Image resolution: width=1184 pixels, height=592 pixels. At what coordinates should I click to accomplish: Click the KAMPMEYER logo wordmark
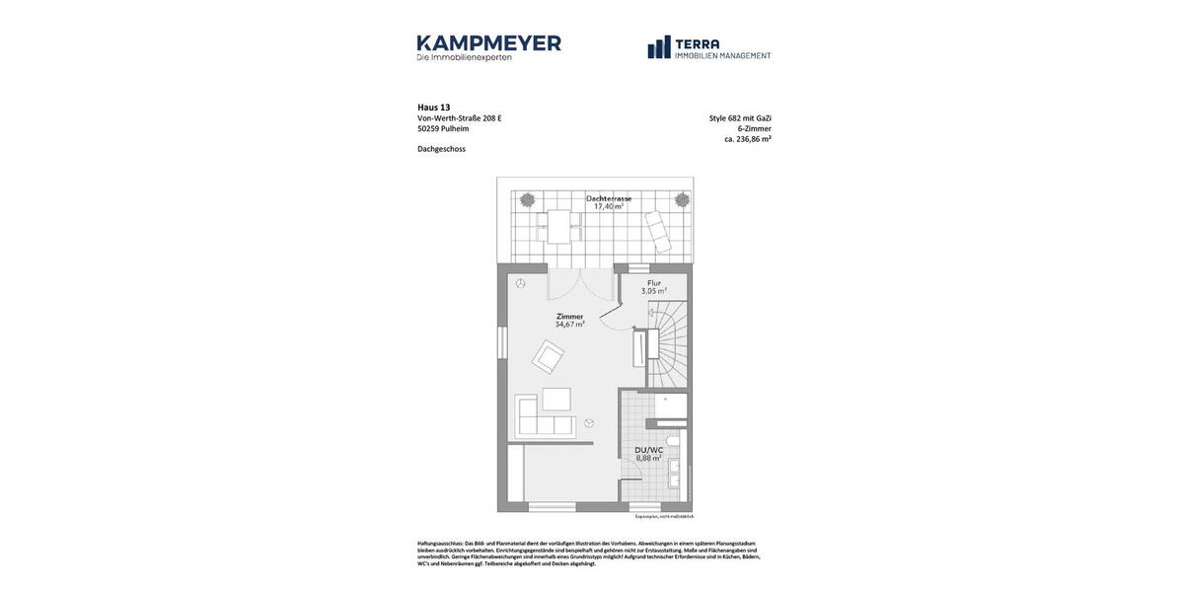pos(488,43)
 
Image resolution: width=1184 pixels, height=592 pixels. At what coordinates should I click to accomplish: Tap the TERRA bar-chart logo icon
pos(659,47)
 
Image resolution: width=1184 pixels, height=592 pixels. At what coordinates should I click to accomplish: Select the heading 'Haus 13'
pos(433,108)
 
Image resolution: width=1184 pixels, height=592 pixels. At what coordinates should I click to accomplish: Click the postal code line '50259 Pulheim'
pos(443,129)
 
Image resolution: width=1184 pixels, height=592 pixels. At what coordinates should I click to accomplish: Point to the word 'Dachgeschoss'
pos(441,149)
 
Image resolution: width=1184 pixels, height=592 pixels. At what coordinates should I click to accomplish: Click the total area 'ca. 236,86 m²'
pos(747,139)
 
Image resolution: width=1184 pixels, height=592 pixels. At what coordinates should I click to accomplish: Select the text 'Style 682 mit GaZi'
pos(740,118)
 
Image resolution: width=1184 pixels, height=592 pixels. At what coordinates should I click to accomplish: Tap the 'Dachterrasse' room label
pos(609,198)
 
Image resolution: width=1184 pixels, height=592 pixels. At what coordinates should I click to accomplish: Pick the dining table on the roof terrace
pos(559,226)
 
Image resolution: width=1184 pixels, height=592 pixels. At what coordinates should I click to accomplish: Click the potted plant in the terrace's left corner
pos(528,199)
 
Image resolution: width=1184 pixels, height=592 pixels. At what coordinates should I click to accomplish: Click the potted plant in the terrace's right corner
pos(682,199)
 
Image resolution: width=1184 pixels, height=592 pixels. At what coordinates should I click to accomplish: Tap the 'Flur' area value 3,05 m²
pos(654,291)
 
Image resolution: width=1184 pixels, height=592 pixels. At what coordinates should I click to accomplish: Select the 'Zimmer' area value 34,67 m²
pos(569,325)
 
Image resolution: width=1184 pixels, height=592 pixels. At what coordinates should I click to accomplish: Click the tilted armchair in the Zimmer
pos(548,356)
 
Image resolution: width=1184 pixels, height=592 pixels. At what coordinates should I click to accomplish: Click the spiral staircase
pos(670,344)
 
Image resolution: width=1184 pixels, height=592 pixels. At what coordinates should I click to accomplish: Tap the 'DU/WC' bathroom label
pos(648,450)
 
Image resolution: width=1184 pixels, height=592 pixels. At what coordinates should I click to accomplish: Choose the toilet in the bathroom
pos(674,440)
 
